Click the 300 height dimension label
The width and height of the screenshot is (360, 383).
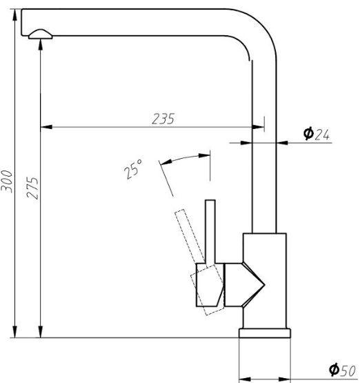6,181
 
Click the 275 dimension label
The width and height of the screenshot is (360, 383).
32,188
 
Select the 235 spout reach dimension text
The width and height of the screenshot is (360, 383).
163,119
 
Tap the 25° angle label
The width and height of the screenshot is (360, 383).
133,169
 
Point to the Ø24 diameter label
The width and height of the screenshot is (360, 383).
317,134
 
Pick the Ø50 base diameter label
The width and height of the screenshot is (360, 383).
342,370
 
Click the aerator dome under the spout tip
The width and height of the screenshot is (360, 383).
40,35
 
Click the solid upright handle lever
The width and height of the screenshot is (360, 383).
210,233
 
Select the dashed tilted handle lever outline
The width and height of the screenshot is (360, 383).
190,236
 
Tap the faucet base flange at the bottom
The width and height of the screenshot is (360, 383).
265,333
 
